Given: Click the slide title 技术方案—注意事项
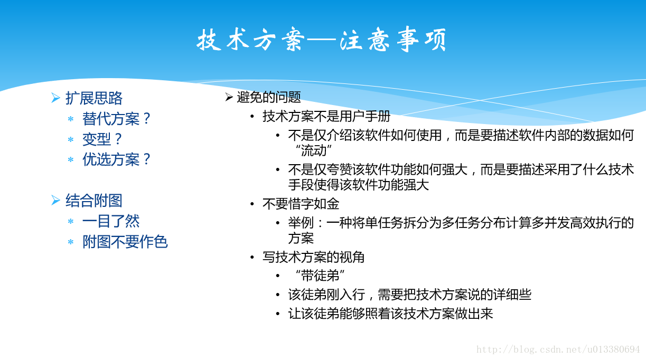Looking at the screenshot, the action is coord(322,40).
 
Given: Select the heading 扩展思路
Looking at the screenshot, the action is coord(94,98).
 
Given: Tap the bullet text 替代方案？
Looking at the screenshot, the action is coord(116,119).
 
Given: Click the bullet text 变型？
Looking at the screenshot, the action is coord(102,139).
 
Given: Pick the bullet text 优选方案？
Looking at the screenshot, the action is coord(116,159).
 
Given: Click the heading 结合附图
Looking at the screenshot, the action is coord(94,201).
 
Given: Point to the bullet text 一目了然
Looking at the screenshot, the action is coord(111,221).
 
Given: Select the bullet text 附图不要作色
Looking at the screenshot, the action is coord(125,242).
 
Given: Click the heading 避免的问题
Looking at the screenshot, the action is coord(269,97).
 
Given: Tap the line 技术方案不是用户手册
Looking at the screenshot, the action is coord(326,117).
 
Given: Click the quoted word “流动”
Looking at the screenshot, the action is coord(313,150).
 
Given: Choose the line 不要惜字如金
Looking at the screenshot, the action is coord(301,204).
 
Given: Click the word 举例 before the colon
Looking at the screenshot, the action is coord(301,223).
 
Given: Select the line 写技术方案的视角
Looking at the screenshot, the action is coord(313,257).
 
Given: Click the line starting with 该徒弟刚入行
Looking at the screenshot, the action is coord(409,295).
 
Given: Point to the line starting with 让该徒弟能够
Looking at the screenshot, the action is coord(390,314).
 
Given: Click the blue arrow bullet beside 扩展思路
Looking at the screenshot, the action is coord(55,98).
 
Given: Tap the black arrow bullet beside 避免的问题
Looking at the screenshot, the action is coord(229,97).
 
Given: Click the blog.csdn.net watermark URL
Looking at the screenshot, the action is coord(558,349).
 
